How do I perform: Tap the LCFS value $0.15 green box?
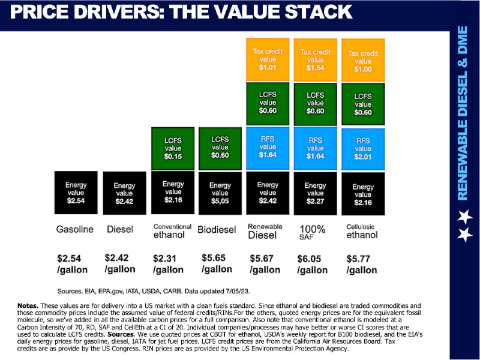point(173,148)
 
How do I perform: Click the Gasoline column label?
point(76,230)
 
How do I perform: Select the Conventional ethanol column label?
point(172,231)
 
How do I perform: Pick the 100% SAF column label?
point(313,232)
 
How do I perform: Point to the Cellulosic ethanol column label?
point(362,231)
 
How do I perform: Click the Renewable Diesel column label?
point(265,231)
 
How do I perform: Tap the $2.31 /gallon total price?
point(170,264)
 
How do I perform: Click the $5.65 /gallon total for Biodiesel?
point(218,264)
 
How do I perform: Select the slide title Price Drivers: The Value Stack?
point(181,11)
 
